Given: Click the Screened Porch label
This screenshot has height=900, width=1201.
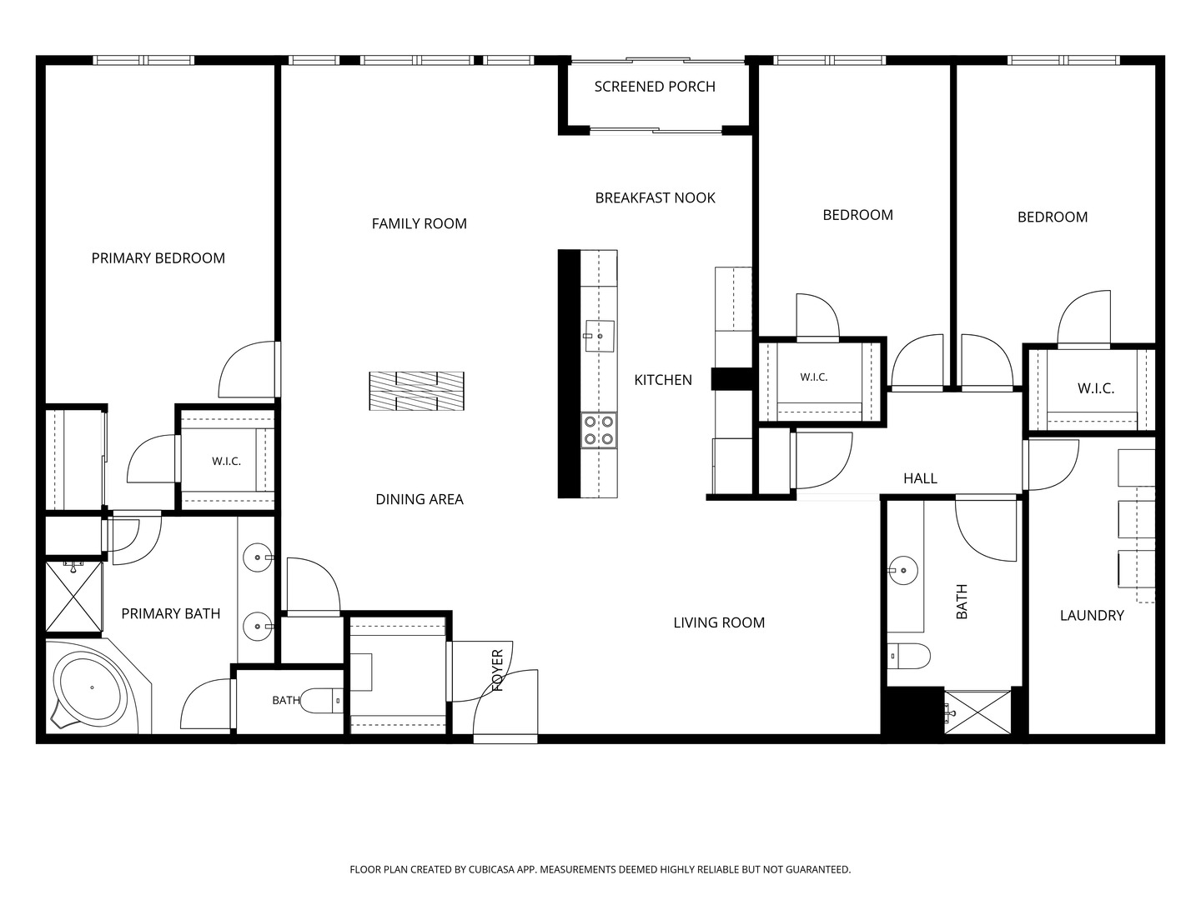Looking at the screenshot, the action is click(655, 87).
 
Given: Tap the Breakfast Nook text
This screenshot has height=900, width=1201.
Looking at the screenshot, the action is click(655, 197).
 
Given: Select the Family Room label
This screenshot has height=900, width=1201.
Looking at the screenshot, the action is click(420, 223).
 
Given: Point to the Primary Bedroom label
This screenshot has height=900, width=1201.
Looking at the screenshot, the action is click(158, 258).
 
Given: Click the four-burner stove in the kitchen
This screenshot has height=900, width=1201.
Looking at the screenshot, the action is click(599, 430).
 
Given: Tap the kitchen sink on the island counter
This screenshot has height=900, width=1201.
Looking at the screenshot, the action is click(599, 336).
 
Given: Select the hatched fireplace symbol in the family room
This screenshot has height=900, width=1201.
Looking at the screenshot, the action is click(416, 392).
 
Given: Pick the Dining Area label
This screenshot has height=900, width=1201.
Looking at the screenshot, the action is click(420, 499).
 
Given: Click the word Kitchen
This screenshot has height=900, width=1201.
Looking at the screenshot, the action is click(662, 380).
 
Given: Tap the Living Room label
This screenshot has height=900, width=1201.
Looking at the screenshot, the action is click(719, 622).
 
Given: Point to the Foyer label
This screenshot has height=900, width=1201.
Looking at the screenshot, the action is click(497, 671).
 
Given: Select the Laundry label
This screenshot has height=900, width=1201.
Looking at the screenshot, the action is click(1092, 615).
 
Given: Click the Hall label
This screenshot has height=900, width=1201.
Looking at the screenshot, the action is click(920, 478).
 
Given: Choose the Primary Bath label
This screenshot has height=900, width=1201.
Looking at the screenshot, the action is click(171, 613).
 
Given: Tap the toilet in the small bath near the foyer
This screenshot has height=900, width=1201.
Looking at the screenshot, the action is click(322, 701).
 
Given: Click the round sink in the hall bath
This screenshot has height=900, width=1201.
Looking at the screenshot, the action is click(903, 571).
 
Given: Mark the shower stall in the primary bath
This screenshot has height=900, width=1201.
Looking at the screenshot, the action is click(73, 597).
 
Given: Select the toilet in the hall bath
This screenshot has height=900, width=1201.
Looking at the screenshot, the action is click(908, 656).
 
